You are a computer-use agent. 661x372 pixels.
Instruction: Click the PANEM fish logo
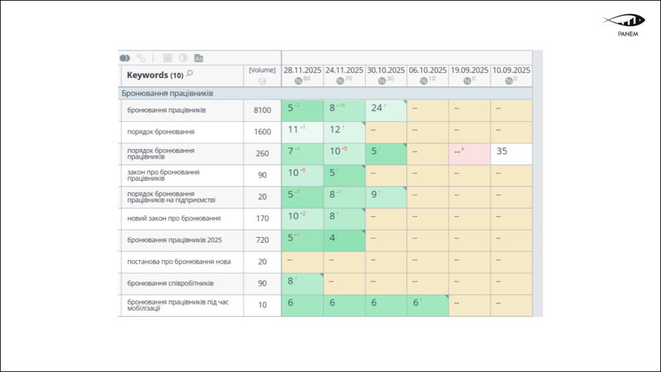pyautogui.click(x=620, y=20)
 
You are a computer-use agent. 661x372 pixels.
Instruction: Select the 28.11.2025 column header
pyautogui.click(x=302, y=70)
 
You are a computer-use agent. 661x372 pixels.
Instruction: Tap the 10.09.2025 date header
pyautogui.click(x=511, y=70)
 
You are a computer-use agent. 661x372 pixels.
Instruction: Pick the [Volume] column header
pyautogui.click(x=262, y=70)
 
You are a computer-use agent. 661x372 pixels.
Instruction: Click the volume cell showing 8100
pyautogui.click(x=262, y=110)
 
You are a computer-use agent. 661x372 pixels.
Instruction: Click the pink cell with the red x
pyautogui.click(x=469, y=154)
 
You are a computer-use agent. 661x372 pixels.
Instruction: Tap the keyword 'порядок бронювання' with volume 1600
pyautogui.click(x=161, y=132)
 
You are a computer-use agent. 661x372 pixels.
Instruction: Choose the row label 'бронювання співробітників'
pyautogui.click(x=170, y=284)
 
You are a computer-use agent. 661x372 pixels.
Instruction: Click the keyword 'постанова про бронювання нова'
pyautogui.click(x=179, y=262)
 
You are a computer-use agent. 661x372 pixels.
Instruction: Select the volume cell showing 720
pyautogui.click(x=262, y=240)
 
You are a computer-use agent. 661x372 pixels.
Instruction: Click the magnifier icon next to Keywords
pyautogui.click(x=189, y=74)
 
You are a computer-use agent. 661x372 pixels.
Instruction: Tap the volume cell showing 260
pyautogui.click(x=262, y=154)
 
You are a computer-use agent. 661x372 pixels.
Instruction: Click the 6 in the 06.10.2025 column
pyautogui.click(x=416, y=303)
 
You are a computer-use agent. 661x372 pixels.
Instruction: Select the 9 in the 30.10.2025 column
pyautogui.click(x=375, y=194)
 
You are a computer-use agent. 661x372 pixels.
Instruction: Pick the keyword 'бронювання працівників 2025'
pyautogui.click(x=174, y=240)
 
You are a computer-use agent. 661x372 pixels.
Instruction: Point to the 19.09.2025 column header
pyautogui.click(x=469, y=70)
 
